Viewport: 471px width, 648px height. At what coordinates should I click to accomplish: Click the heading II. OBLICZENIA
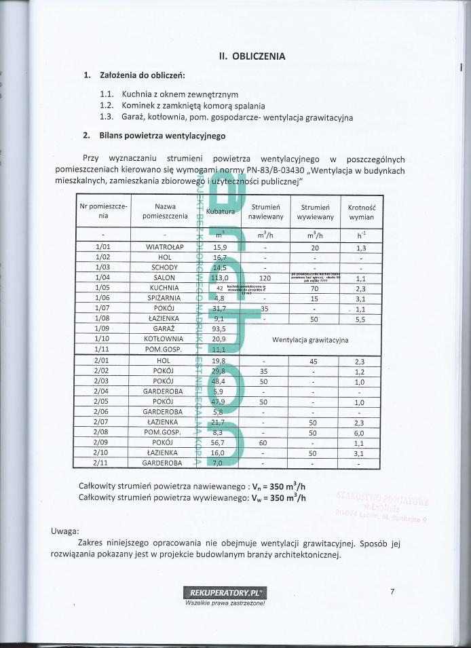tap(252, 56)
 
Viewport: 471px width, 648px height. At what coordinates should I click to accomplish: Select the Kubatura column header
tap(220, 212)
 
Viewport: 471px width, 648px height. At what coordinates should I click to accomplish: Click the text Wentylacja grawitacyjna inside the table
tap(310, 338)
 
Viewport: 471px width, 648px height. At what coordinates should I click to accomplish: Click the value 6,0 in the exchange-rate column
tap(360, 432)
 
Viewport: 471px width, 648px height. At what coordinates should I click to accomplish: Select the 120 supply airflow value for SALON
tap(265, 278)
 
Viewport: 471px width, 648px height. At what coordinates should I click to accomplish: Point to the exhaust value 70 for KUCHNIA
tap(314, 288)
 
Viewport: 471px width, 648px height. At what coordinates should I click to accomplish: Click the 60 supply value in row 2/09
tap(265, 442)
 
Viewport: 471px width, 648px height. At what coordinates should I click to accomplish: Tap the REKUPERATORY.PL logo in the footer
tap(225, 592)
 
